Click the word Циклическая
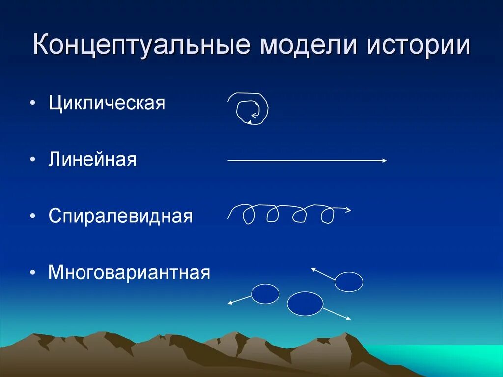tap(107, 104)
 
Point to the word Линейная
tap(92, 160)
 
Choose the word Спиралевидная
tap(120, 216)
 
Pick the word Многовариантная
tap(129, 272)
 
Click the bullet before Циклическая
tap(32, 104)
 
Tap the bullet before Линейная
tap(32, 160)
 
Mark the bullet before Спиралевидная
tap(32, 217)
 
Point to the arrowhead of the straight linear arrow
tap(384, 160)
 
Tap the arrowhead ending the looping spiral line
tap(348, 210)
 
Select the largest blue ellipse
tap(305, 304)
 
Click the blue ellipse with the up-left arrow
tap(349, 282)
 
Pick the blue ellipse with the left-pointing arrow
tap(265, 294)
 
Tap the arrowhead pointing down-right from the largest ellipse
tap(348, 319)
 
